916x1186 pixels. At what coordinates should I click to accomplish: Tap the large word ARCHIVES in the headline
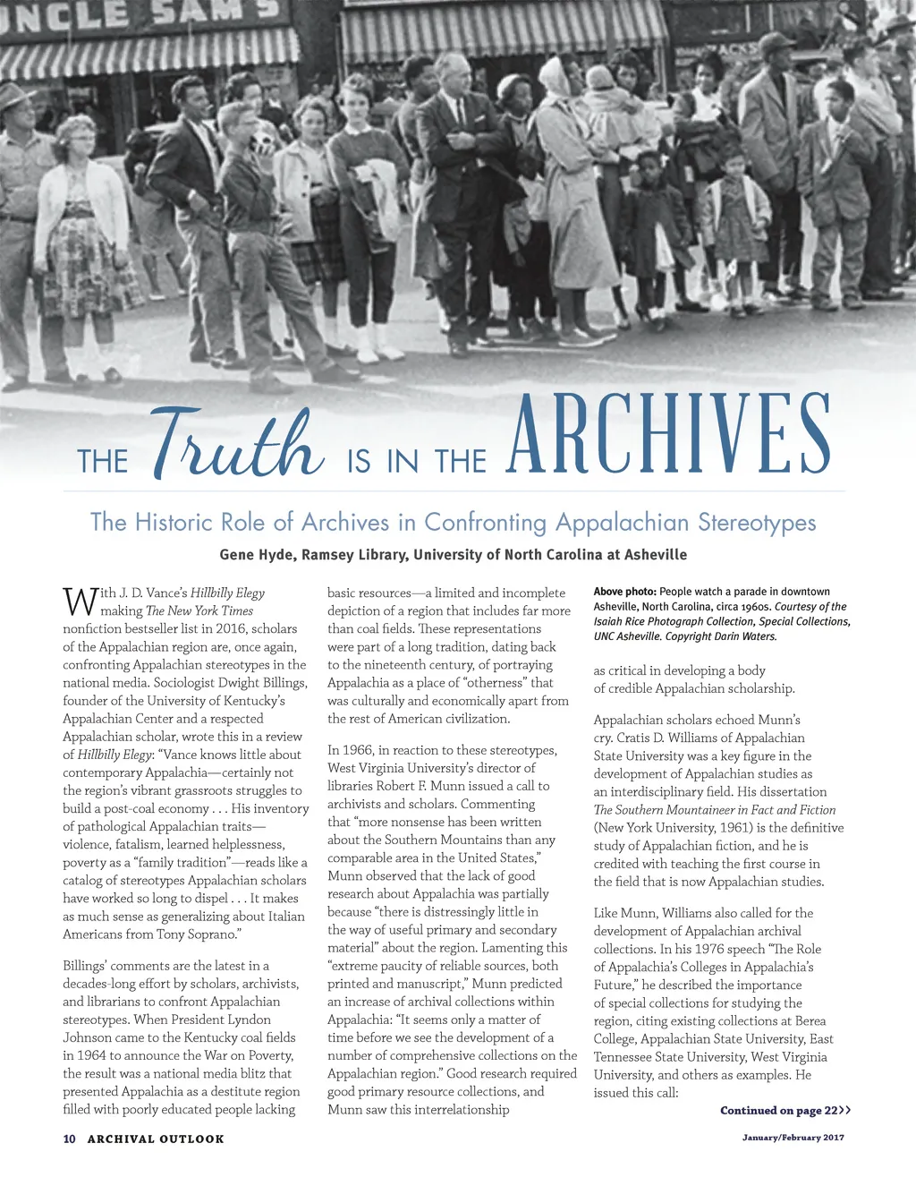pos(668,435)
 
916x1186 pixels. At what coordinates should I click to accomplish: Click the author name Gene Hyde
pos(257,555)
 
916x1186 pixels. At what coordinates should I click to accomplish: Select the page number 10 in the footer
pos(69,1139)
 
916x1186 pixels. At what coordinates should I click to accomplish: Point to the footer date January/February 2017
pos(793,1138)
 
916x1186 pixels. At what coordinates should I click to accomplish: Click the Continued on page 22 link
pos(785,1111)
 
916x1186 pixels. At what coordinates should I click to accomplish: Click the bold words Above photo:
pos(625,592)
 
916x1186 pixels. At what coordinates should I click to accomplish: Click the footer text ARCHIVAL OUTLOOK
pos(156,1139)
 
